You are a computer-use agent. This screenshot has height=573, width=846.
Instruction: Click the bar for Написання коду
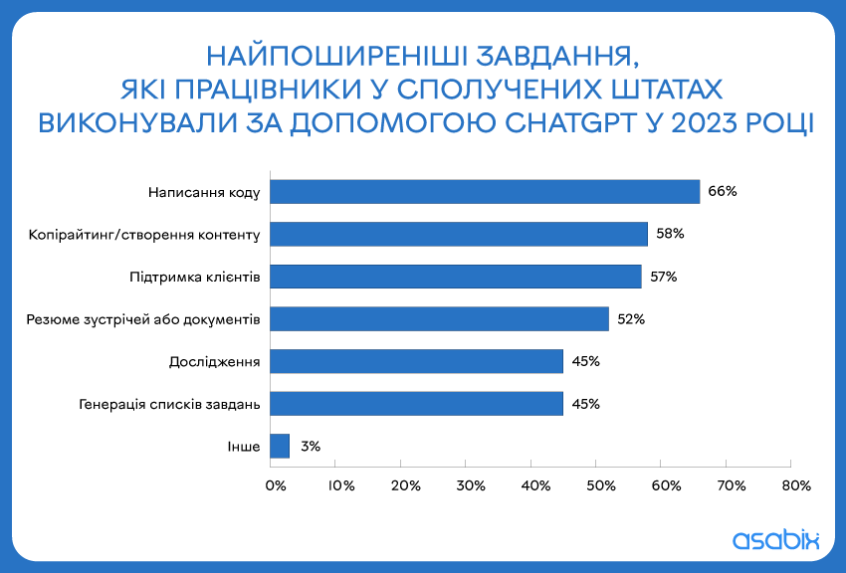pyautogui.click(x=485, y=192)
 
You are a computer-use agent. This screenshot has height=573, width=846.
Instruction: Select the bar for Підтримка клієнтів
pyautogui.click(x=456, y=277)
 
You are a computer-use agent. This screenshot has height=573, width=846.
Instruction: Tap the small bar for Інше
pyautogui.click(x=280, y=447)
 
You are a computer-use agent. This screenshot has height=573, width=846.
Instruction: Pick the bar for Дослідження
pyautogui.click(x=416, y=361)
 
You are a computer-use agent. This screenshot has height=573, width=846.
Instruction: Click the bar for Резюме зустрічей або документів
pyautogui.click(x=440, y=319)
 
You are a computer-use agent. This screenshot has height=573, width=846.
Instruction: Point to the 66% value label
pyautogui.click(x=723, y=191)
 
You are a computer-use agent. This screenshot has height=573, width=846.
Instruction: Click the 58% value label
pyautogui.click(x=670, y=234)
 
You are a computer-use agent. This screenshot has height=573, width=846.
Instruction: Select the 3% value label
pyautogui.click(x=311, y=447)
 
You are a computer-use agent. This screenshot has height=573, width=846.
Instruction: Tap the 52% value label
pyautogui.click(x=631, y=319)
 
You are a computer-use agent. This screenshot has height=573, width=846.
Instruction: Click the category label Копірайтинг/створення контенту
pyautogui.click(x=144, y=235)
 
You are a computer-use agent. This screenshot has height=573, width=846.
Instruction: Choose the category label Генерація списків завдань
pyautogui.click(x=169, y=404)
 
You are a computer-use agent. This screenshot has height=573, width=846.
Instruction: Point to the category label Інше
pyautogui.click(x=243, y=447)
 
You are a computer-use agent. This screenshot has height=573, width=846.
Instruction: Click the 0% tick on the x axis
pyautogui.click(x=276, y=485)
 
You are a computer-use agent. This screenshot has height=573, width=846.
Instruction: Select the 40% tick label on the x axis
pyautogui.click(x=535, y=485)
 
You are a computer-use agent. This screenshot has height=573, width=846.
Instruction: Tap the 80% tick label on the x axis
pyautogui.click(x=796, y=485)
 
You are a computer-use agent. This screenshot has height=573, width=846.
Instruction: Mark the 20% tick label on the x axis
pyautogui.click(x=406, y=485)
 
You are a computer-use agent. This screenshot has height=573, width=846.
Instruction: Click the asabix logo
pyautogui.click(x=776, y=539)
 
